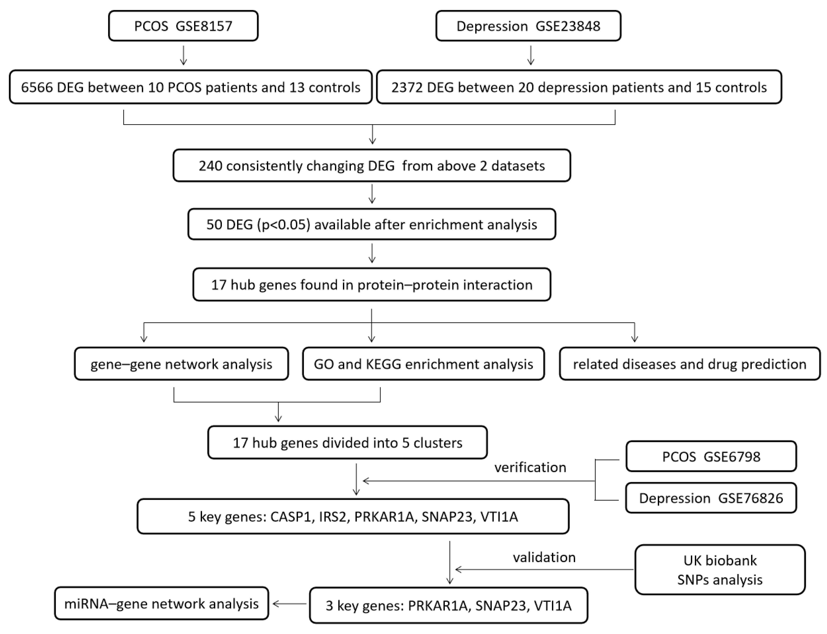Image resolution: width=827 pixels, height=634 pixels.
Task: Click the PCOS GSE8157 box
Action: click(x=183, y=26)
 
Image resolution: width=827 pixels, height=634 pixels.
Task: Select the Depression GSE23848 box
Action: click(x=528, y=26)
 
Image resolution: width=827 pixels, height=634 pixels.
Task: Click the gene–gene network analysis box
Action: click(x=181, y=364)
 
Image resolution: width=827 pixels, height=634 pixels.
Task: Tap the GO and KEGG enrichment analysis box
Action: click(x=423, y=364)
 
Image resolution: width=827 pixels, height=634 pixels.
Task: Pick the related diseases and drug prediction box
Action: click(x=690, y=364)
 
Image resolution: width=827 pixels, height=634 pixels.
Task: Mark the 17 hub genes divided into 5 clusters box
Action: click(x=347, y=442)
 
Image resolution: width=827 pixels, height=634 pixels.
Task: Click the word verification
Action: click(x=530, y=467)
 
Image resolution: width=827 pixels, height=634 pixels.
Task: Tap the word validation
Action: click(x=544, y=557)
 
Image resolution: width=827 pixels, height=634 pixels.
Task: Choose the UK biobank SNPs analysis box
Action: click(x=720, y=570)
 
